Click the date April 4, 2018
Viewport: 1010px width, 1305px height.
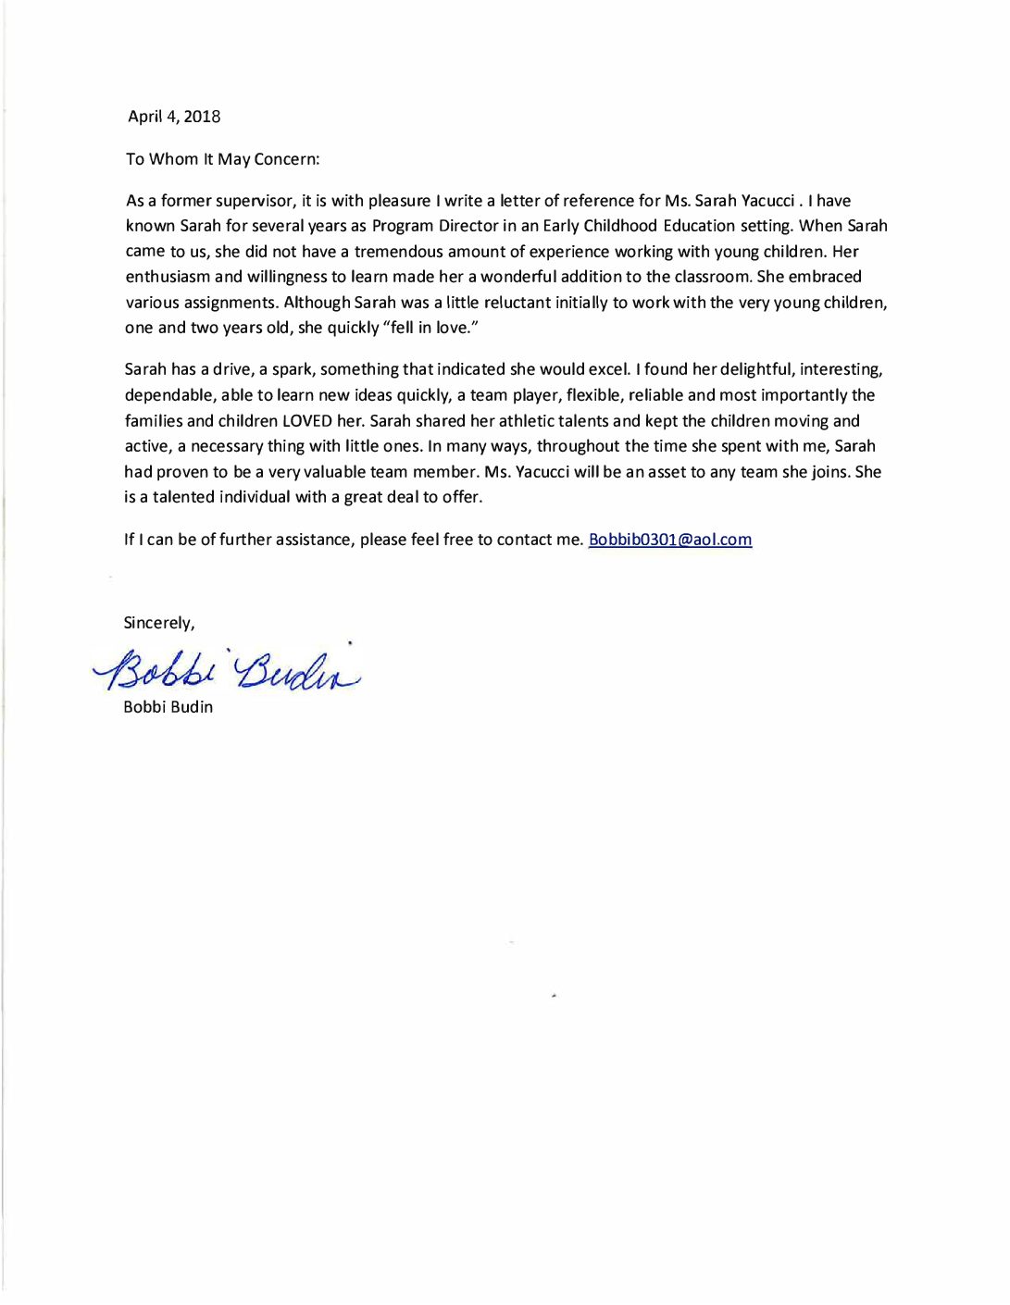coord(174,117)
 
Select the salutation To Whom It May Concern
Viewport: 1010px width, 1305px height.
coord(222,159)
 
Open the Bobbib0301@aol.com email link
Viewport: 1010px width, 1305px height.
coord(669,540)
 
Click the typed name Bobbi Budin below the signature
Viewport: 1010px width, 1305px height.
coord(168,707)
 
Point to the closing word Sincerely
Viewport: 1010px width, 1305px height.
coord(158,623)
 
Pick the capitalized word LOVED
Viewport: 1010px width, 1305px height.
coord(307,421)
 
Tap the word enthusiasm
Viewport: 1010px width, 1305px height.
coord(168,277)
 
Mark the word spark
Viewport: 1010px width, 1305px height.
coord(292,369)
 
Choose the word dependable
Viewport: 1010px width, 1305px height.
coord(168,395)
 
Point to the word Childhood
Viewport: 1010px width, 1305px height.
coord(620,226)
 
